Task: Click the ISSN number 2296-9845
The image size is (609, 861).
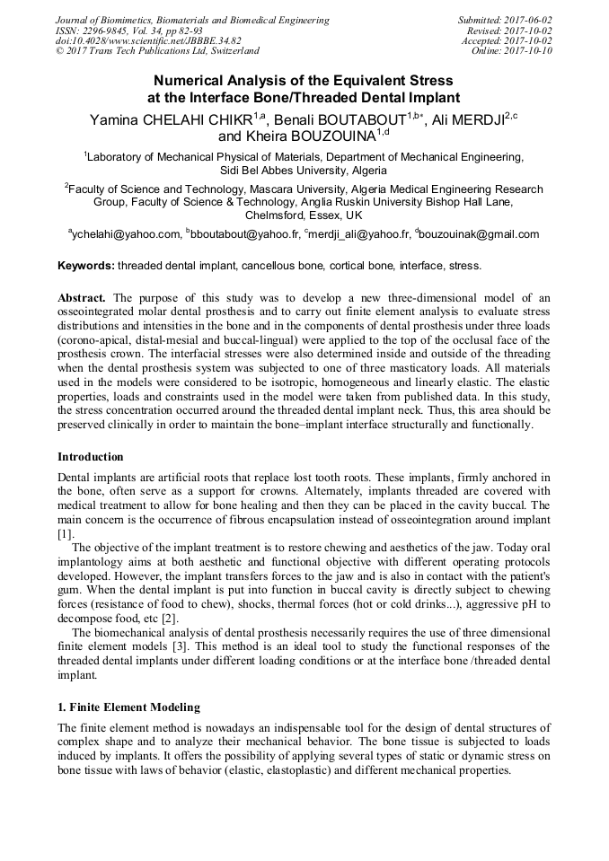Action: pos(108,31)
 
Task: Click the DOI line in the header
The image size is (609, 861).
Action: pos(148,41)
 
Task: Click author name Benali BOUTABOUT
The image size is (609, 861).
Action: pos(345,119)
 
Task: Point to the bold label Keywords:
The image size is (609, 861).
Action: pos(86,266)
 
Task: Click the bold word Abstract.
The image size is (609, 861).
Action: pos(83,298)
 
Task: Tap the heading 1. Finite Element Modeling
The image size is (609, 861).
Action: pos(128,707)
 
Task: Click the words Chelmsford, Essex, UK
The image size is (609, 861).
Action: pos(304,215)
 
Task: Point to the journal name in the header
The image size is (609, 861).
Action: pos(192,20)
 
